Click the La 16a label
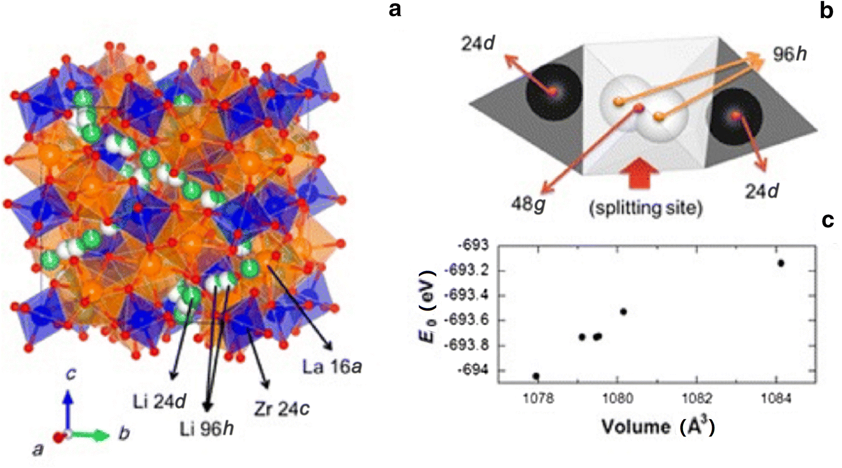332,368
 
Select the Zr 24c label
281,409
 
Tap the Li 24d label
160,402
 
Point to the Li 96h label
207,429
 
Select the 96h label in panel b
789,54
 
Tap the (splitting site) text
646,208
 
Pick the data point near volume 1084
780,263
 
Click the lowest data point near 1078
536,376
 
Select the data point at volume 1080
623,311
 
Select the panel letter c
827,221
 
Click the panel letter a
395,10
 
